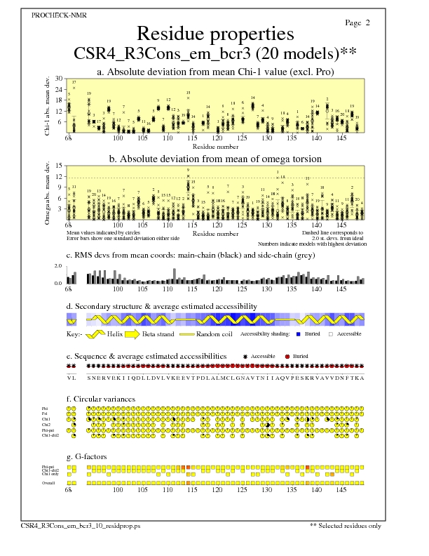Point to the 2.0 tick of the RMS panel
[59, 267]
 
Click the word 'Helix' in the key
[116, 334]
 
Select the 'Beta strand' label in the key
[158, 334]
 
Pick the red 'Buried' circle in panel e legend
[288, 357]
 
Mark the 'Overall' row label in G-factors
[48, 483]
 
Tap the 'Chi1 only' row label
[50, 475]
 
